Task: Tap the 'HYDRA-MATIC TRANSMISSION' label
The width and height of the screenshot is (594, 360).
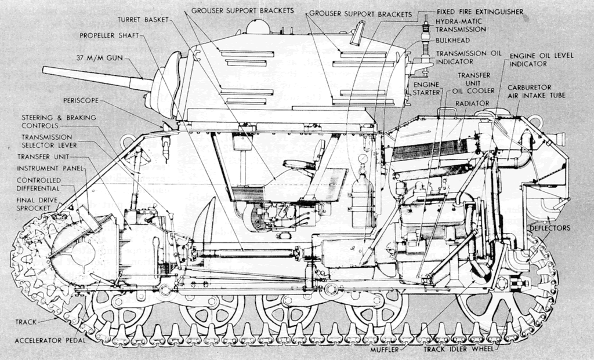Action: [461, 26]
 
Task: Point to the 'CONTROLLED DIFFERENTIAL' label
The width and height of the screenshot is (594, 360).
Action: [38, 184]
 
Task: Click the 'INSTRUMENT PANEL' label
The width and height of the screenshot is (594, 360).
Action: [44, 168]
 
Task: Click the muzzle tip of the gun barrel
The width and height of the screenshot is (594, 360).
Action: [45, 71]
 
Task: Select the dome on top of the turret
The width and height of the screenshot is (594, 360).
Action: [258, 26]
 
